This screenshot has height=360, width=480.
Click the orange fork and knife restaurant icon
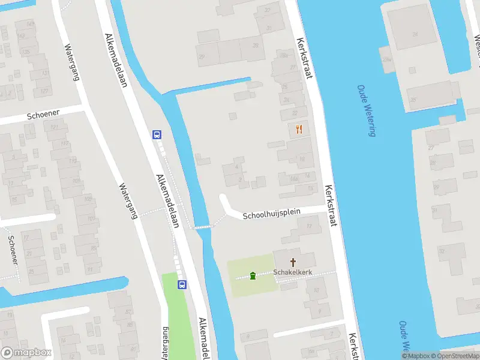pos(299,128)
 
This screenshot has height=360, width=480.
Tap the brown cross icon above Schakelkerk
pos(293,262)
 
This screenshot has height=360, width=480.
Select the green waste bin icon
pos(253,276)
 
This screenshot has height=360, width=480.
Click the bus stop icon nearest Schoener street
pos(157,135)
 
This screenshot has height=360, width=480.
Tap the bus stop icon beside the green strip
pos(181,285)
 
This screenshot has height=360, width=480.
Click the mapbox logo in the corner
pos(26,352)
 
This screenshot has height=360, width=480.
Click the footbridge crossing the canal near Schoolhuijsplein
pos(202,227)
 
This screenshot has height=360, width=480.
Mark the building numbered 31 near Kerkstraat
pos(269,28)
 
